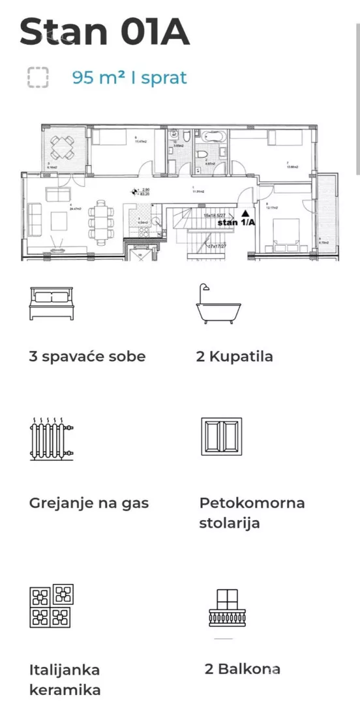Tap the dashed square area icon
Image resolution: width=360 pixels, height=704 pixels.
click(x=38, y=78)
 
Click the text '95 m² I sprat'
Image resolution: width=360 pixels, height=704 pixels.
click(x=129, y=78)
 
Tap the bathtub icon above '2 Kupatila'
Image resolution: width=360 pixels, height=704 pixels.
click(x=218, y=304)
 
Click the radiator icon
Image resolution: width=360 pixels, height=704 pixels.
click(x=51, y=437)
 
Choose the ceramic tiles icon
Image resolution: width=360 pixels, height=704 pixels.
click(x=52, y=606)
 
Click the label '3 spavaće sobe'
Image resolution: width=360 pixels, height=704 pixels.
click(x=87, y=357)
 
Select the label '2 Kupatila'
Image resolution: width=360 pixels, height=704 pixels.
click(x=234, y=357)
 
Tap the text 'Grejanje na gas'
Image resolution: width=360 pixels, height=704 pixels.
click(x=89, y=503)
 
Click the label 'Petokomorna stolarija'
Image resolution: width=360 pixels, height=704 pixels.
click(x=252, y=513)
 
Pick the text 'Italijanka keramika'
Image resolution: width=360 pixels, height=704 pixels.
click(x=65, y=679)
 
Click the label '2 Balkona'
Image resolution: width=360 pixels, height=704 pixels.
click(x=242, y=669)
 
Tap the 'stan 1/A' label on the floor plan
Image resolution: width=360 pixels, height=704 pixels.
click(x=235, y=222)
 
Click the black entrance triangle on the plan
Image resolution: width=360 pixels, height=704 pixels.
click(x=245, y=213)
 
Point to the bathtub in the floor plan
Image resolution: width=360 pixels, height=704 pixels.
click(x=212, y=138)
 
